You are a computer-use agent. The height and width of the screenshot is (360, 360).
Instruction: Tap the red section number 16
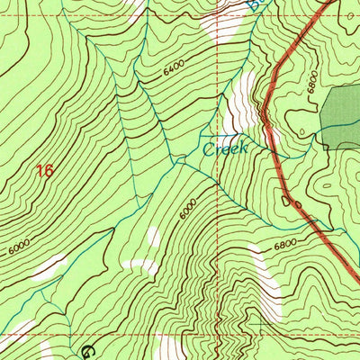(45, 170)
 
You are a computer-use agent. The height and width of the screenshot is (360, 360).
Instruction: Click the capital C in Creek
(209, 149)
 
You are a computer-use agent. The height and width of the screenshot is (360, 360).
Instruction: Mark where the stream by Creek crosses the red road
(269, 135)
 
